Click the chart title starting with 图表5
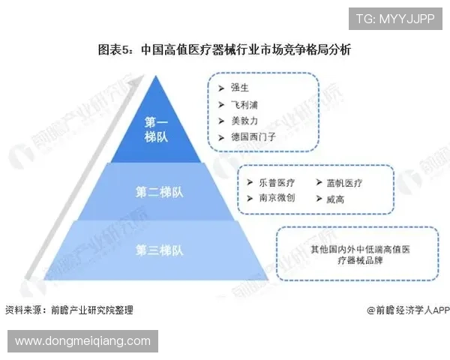[225, 51]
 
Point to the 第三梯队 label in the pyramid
[159, 250]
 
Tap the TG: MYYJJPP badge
[394, 19]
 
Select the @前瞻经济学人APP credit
[408, 309]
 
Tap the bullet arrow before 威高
[318, 198]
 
